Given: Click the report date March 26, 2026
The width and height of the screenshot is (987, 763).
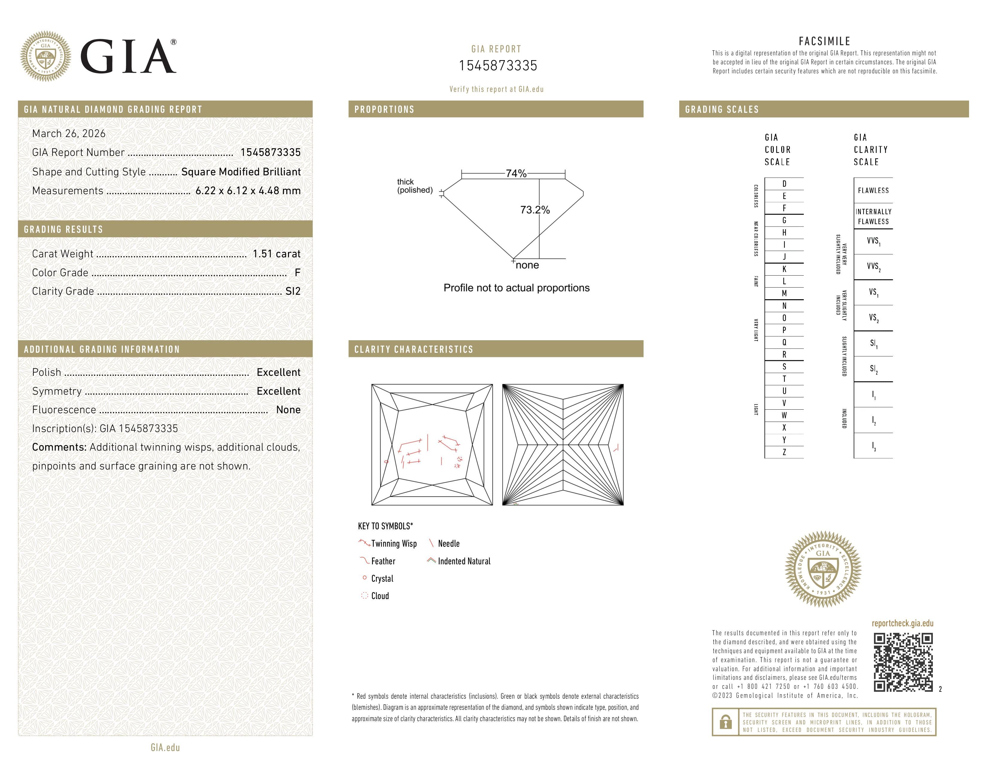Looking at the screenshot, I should tap(69, 133).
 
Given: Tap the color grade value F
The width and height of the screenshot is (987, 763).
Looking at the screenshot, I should tap(297, 273).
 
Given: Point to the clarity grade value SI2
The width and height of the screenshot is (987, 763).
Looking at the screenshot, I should tap(293, 291).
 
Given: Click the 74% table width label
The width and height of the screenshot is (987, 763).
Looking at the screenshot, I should tap(516, 174).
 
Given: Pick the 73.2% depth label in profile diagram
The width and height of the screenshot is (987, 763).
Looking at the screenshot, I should tap(535, 210).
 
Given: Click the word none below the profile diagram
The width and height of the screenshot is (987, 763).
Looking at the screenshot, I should tap(527, 265).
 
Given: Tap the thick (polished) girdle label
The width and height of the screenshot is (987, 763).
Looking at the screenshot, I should tap(415, 186).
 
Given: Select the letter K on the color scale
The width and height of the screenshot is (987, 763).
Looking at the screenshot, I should tap(784, 269).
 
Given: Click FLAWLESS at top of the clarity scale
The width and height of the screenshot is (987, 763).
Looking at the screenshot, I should tap(873, 190).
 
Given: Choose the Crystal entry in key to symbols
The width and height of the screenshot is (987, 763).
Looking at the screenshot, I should tap(382, 579).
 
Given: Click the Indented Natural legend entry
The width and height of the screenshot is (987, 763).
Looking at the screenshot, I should tap(464, 561).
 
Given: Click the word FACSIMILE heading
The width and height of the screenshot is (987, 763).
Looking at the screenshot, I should tap(824, 41).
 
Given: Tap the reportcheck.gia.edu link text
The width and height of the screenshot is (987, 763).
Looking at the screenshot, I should tap(902, 623).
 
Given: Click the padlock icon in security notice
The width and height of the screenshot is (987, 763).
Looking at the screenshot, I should tap(725, 722).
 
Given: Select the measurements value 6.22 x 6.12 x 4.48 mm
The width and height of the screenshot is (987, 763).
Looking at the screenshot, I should tap(248, 191).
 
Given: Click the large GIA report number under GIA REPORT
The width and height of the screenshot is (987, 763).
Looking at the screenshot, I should tap(498, 66).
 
